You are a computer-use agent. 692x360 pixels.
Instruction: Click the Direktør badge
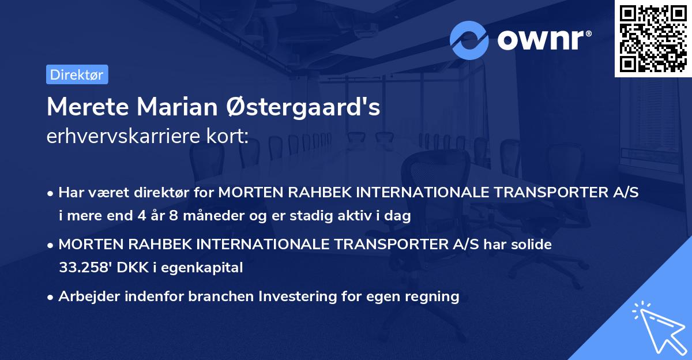click(x=77, y=74)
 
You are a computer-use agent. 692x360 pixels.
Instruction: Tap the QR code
click(x=653, y=38)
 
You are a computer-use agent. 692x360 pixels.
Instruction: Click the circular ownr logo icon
click(x=469, y=40)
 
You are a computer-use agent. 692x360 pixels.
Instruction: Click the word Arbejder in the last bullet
click(x=86, y=297)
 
